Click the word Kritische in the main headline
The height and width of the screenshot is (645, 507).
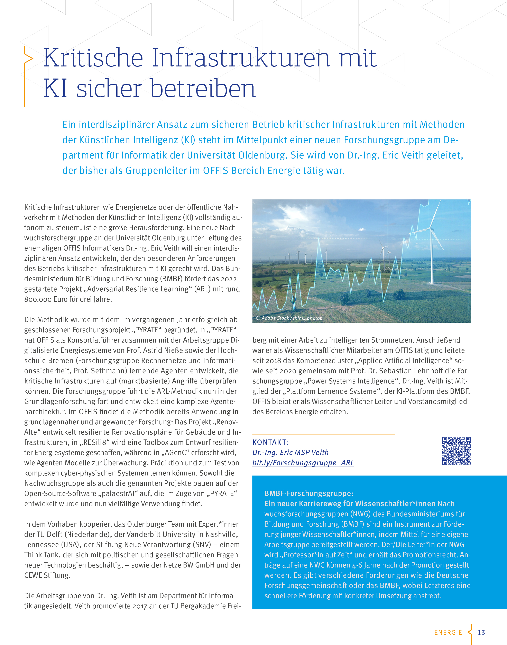click(93, 58)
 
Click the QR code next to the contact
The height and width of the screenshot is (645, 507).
click(456, 451)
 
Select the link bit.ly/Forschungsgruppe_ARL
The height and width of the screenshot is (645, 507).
click(303, 463)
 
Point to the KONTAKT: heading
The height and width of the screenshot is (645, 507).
click(270, 442)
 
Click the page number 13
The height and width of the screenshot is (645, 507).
click(481, 632)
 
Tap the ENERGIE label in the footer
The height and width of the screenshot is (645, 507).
click(448, 633)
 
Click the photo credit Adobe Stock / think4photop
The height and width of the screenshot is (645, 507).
click(289, 318)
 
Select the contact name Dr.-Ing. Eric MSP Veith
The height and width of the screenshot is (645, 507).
click(290, 452)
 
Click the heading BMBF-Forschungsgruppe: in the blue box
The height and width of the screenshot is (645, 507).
click(309, 493)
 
